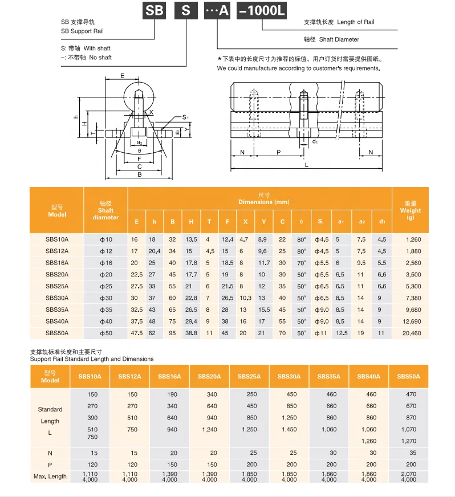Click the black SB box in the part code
(x=153, y=10)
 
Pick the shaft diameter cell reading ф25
(x=106, y=286)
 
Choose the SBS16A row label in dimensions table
(x=57, y=263)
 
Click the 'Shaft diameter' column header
(x=106, y=210)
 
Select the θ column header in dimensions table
(x=301, y=222)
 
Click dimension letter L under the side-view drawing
(x=306, y=165)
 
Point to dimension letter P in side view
(x=278, y=153)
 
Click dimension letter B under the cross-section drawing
(x=139, y=174)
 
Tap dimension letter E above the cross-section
(x=122, y=76)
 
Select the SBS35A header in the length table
(x=329, y=377)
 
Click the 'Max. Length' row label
(x=50, y=476)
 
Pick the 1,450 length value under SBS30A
(x=289, y=429)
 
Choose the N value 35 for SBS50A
(x=409, y=453)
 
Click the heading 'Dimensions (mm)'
(x=263, y=202)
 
